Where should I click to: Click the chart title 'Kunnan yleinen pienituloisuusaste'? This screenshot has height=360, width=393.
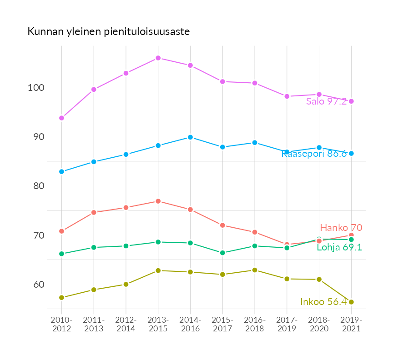click(x=109, y=32)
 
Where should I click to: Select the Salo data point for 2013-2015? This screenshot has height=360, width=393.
click(x=158, y=58)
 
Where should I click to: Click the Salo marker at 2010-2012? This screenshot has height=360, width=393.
click(x=61, y=118)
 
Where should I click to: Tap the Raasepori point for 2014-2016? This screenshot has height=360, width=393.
click(x=190, y=137)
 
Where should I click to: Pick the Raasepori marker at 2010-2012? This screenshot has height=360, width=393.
click(x=61, y=172)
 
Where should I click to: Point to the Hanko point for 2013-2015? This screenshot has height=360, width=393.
click(x=158, y=201)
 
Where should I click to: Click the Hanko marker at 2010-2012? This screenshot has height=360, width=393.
click(x=61, y=231)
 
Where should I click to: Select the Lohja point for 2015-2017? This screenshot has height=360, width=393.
click(x=222, y=253)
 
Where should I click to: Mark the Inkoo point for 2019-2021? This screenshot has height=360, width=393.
click(x=351, y=302)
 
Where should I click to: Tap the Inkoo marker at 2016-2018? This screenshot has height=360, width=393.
click(x=255, y=270)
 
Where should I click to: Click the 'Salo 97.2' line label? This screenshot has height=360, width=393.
click(x=326, y=101)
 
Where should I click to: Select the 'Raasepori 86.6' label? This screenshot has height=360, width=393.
click(x=314, y=154)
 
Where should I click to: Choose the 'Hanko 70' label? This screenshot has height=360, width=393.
click(x=341, y=228)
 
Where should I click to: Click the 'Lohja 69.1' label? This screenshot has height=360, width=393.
click(x=339, y=247)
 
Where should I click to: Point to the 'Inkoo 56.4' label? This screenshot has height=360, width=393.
click(x=324, y=302)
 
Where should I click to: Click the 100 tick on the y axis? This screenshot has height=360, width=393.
click(x=36, y=88)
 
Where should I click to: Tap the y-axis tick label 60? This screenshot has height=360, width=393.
click(x=39, y=285)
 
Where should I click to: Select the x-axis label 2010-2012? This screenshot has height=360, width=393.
click(x=62, y=324)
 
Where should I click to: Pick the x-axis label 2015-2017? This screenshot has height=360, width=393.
click(x=222, y=324)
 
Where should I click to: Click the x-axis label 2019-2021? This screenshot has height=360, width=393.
click(x=351, y=324)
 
